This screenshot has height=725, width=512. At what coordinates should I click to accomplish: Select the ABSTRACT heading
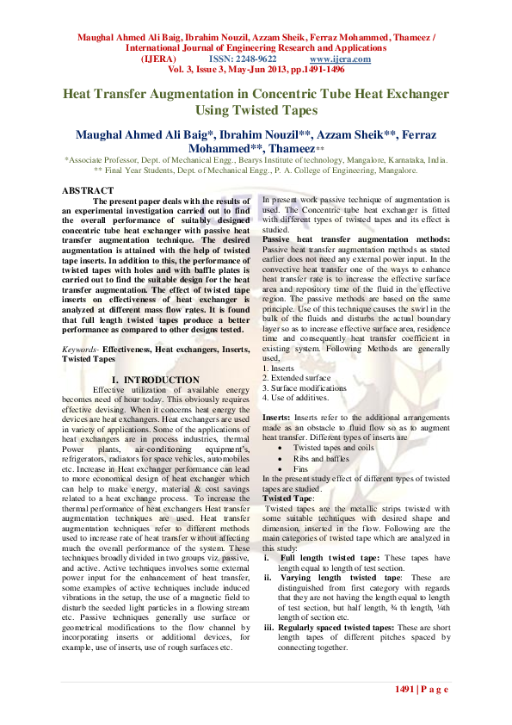(x=88, y=189)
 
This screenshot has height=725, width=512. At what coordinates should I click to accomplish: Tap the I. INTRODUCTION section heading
(x=156, y=380)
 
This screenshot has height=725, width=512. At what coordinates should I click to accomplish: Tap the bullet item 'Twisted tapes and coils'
(x=334, y=448)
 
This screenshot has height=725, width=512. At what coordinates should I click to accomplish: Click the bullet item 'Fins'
(x=301, y=468)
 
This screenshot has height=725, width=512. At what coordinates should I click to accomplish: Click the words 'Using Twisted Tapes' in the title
(x=256, y=110)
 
